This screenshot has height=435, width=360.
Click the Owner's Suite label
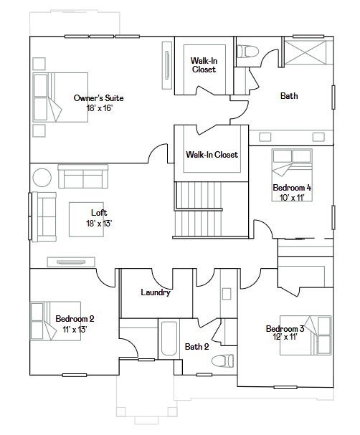point(98,98)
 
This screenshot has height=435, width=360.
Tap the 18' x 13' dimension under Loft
point(99,224)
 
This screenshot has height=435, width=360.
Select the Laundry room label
point(156,292)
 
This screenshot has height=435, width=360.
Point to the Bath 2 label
point(196,347)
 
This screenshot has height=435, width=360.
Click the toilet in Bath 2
point(222,360)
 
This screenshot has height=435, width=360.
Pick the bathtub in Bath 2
point(169,338)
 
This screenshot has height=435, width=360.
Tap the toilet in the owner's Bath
point(248,52)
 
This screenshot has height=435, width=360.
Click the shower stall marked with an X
point(306,53)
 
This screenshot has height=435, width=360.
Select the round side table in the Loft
point(42,178)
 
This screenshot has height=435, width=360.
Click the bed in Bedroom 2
point(55,321)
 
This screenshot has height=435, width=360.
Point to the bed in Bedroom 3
point(305,335)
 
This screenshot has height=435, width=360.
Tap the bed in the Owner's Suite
point(60,97)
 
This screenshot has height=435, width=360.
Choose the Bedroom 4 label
point(292,188)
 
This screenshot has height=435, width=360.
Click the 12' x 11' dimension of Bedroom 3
point(285,337)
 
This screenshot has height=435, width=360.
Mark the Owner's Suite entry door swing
point(158,153)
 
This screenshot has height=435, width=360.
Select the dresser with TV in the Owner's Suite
point(167,65)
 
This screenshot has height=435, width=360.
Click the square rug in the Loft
point(86,219)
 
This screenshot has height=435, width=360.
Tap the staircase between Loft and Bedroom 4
point(199,209)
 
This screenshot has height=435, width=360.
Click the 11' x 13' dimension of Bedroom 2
point(75,330)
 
